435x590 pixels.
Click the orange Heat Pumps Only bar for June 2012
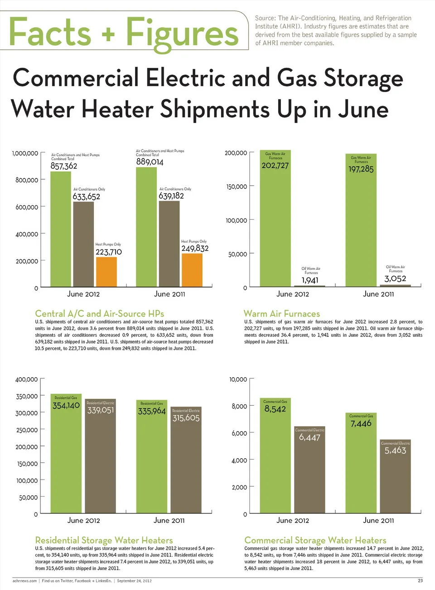[x=106, y=272]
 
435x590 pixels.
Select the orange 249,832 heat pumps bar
[x=192, y=270]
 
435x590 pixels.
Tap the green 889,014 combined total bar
[x=146, y=226]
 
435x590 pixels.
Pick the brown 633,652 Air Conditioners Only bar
[x=83, y=245]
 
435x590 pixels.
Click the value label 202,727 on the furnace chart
[x=275, y=166]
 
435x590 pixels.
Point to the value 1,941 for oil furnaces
[x=310, y=280]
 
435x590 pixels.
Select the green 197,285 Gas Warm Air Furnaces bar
[x=361, y=226]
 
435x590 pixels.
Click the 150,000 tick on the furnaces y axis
[x=237, y=187]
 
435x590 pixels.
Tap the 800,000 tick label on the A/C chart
[x=27, y=180]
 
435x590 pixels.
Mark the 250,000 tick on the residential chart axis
[x=27, y=430]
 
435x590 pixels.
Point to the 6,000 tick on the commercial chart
[x=239, y=433]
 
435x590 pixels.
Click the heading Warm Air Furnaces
[x=281, y=314]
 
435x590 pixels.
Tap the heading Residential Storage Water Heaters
[x=104, y=540]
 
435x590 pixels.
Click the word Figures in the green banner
[x=182, y=33]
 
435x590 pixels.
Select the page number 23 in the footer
[x=420, y=580]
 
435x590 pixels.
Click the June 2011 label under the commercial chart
[x=378, y=521]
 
